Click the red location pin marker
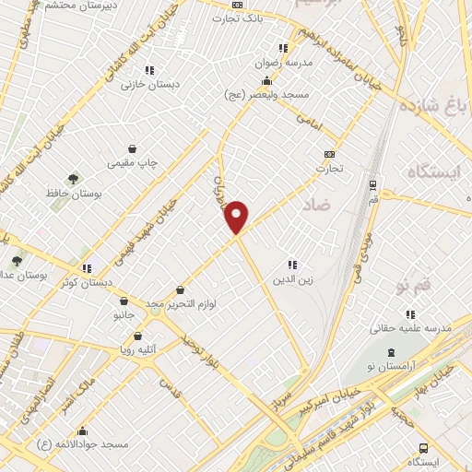tap(237, 217)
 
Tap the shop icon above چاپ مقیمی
tap(134, 147)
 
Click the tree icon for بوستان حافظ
tap(73, 179)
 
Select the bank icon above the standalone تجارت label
tap(329, 155)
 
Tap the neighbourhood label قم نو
tap(410, 289)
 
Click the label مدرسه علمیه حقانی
tap(409, 327)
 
